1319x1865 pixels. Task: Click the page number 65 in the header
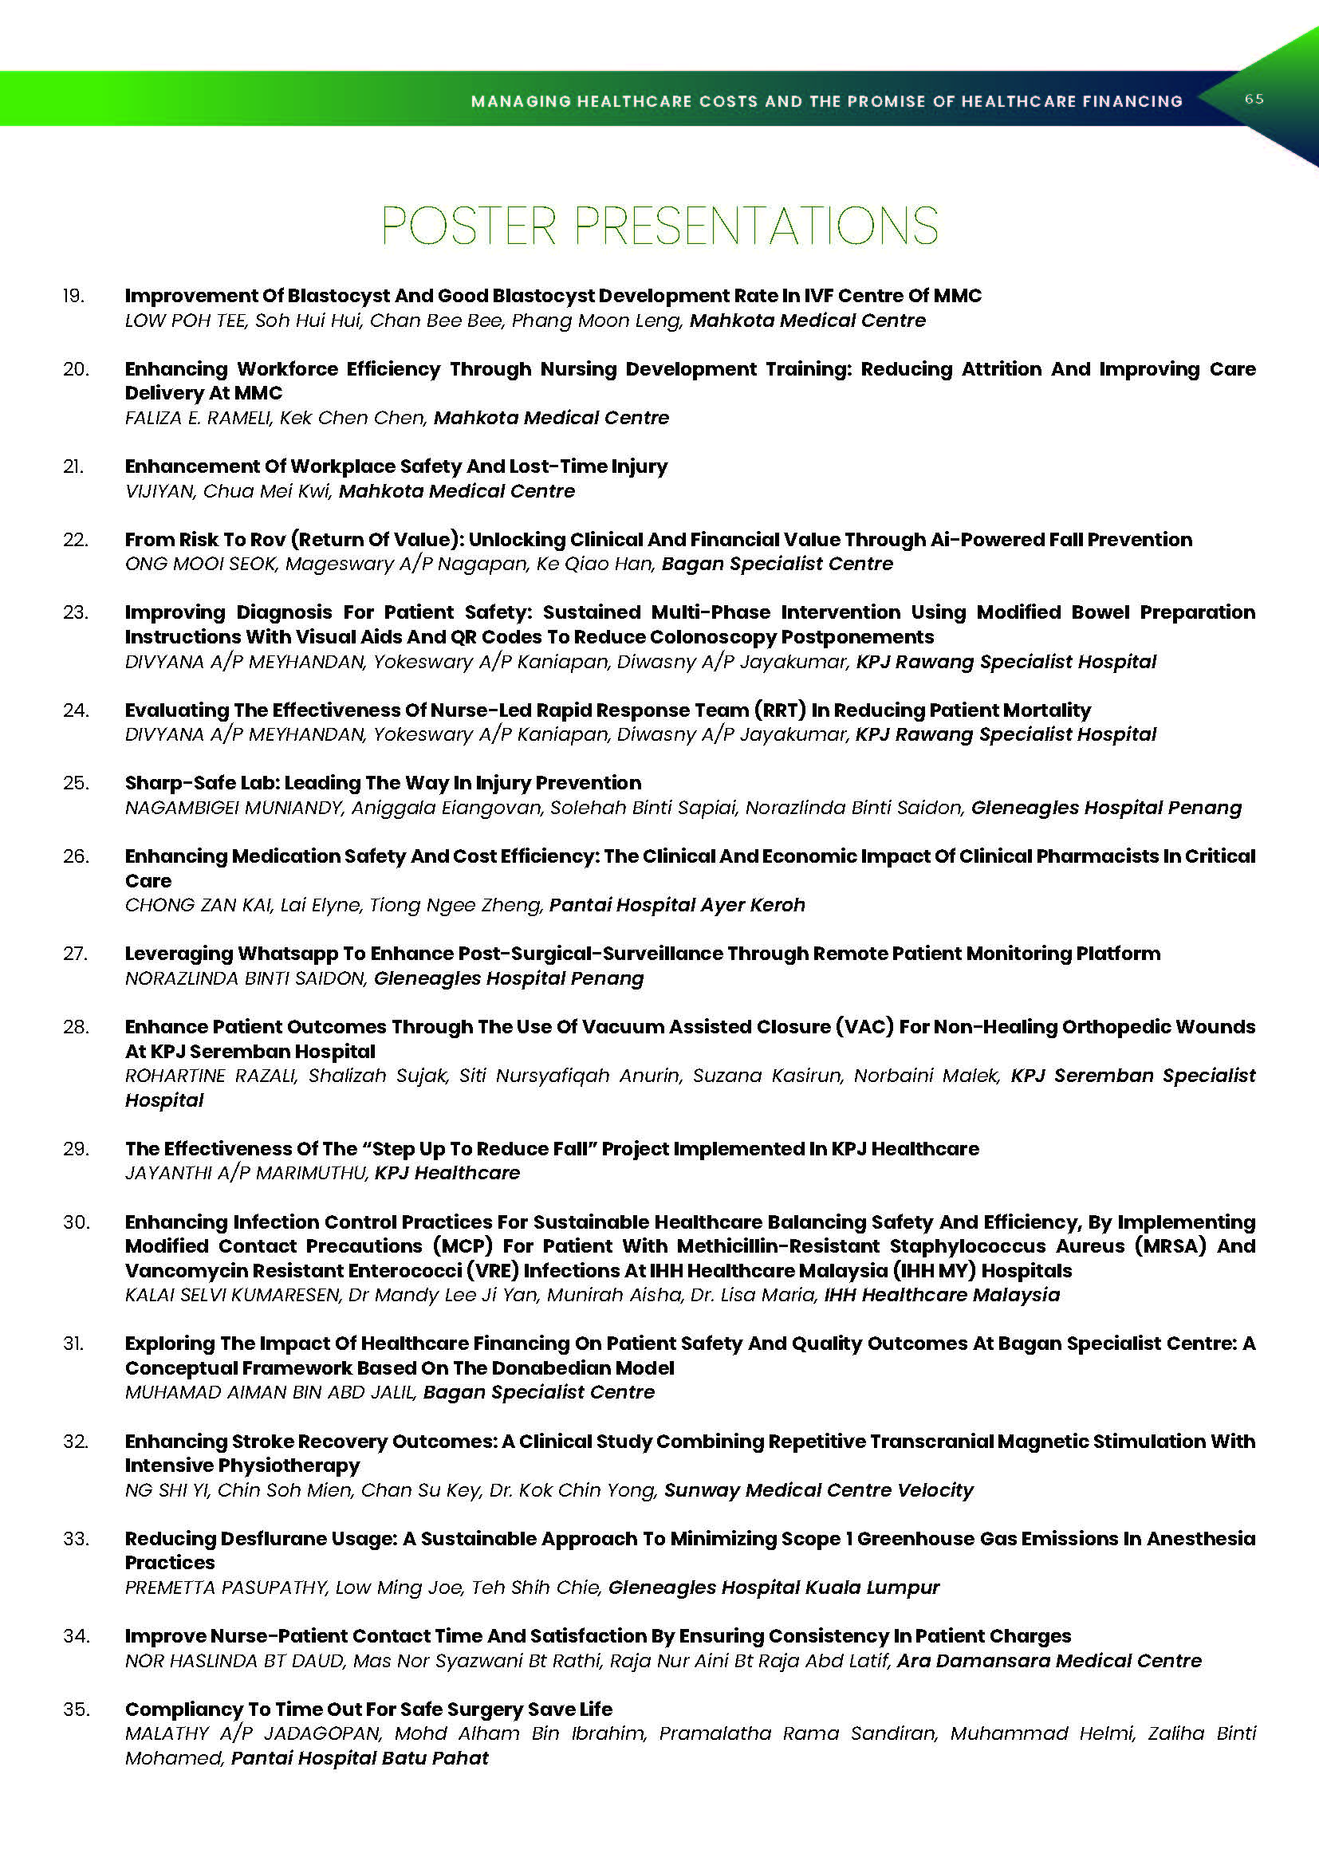tap(1254, 99)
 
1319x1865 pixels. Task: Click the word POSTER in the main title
tap(469, 226)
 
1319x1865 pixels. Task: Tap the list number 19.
tap(74, 296)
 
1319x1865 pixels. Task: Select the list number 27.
tap(75, 954)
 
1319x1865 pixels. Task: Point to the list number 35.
tap(75, 1709)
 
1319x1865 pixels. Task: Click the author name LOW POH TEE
tap(184, 321)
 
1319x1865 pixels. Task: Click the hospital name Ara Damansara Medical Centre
tap(1049, 1661)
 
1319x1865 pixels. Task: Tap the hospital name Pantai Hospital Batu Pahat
tap(360, 1759)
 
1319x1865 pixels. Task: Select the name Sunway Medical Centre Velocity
tap(818, 1490)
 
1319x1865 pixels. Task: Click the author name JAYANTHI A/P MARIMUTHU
tap(246, 1173)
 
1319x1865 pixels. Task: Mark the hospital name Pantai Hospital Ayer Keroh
tap(676, 905)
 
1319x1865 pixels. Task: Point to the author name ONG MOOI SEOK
tap(200, 564)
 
